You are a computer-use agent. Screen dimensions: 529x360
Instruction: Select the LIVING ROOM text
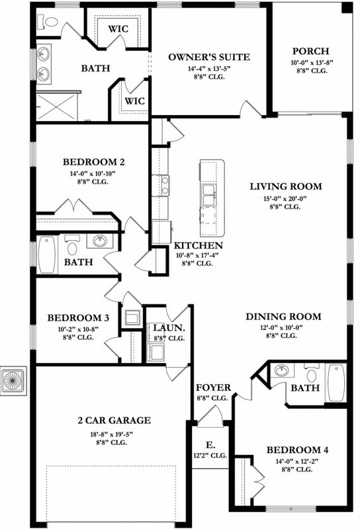[x=285, y=186]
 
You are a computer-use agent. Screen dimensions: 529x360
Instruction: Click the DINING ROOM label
[x=283, y=317]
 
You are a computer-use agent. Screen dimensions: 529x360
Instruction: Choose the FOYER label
[x=212, y=387]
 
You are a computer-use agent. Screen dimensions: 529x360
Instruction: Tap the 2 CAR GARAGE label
[x=114, y=420]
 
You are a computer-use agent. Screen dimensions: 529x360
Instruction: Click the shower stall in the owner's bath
[x=58, y=104]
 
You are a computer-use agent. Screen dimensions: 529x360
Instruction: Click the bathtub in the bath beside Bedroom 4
[x=336, y=382]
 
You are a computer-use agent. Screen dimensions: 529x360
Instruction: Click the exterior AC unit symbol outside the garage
[x=13, y=380]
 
